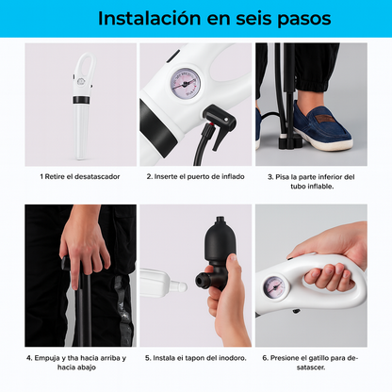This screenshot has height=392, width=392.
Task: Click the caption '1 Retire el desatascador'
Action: click(80, 175)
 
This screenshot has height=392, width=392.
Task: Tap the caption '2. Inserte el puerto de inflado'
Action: click(195, 175)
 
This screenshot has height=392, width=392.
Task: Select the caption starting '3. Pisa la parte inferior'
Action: click(310, 180)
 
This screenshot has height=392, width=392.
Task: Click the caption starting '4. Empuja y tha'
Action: click(80, 362)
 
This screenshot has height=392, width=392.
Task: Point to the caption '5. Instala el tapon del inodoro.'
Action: click(195, 357)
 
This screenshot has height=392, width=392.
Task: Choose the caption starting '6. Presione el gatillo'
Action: click(310, 362)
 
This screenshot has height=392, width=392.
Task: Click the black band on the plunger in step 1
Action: click(81, 93)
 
